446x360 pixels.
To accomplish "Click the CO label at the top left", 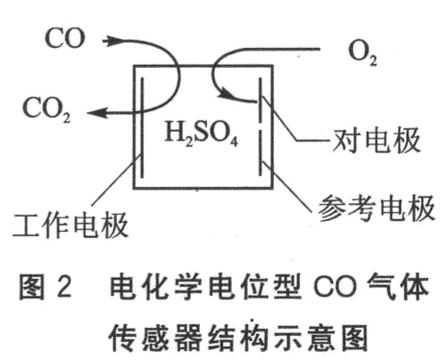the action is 65,38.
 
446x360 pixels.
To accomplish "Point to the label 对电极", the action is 376,141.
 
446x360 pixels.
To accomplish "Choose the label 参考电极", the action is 376,208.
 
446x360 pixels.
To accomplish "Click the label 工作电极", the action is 70,225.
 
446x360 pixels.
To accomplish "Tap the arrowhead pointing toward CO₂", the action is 97,113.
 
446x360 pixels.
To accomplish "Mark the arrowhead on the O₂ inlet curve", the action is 225,94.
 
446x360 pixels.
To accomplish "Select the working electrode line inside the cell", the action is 142,127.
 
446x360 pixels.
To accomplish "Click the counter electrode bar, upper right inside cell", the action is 260,101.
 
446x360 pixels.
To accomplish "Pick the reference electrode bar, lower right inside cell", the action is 260,153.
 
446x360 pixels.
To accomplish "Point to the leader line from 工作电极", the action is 117,181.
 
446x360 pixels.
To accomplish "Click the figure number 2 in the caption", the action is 64,288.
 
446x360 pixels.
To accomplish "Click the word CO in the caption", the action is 334,288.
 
